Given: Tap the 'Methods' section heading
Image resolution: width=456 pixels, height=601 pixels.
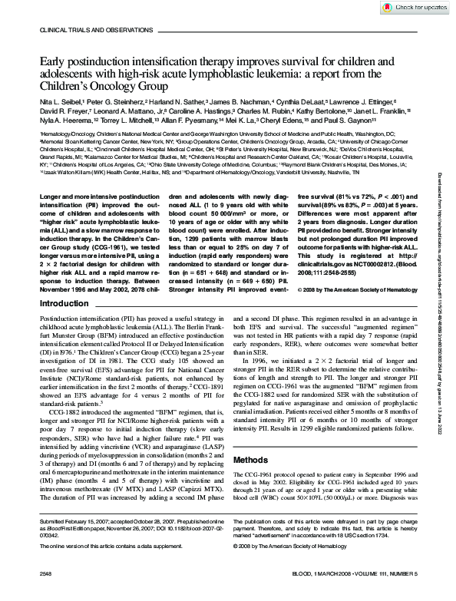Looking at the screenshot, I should (x=253, y=461).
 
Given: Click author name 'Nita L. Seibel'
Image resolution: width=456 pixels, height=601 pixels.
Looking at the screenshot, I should (x=62, y=101).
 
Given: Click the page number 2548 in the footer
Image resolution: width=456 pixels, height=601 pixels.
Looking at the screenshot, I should (x=47, y=593).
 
